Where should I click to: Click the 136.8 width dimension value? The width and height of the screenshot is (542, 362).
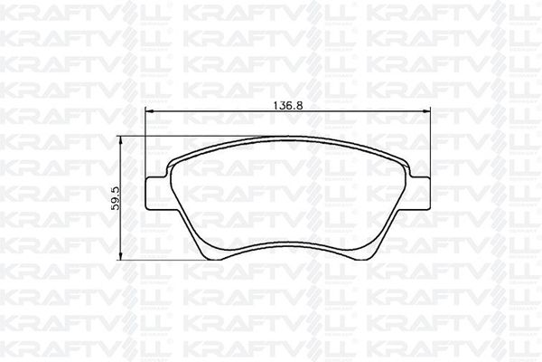coord(288,105)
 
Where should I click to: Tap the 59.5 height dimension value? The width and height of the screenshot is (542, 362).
coord(116,198)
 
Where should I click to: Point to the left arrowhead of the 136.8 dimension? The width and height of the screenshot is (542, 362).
coord(149,111)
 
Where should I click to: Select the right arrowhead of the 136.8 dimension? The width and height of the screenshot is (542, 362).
coord(427,111)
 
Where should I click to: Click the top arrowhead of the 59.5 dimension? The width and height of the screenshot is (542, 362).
coord(121,140)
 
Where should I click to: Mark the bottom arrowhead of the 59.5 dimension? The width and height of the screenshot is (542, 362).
coord(121,255)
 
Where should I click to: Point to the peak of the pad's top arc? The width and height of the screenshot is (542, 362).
coord(288,136)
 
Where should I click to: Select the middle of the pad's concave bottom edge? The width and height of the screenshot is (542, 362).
coord(288,243)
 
